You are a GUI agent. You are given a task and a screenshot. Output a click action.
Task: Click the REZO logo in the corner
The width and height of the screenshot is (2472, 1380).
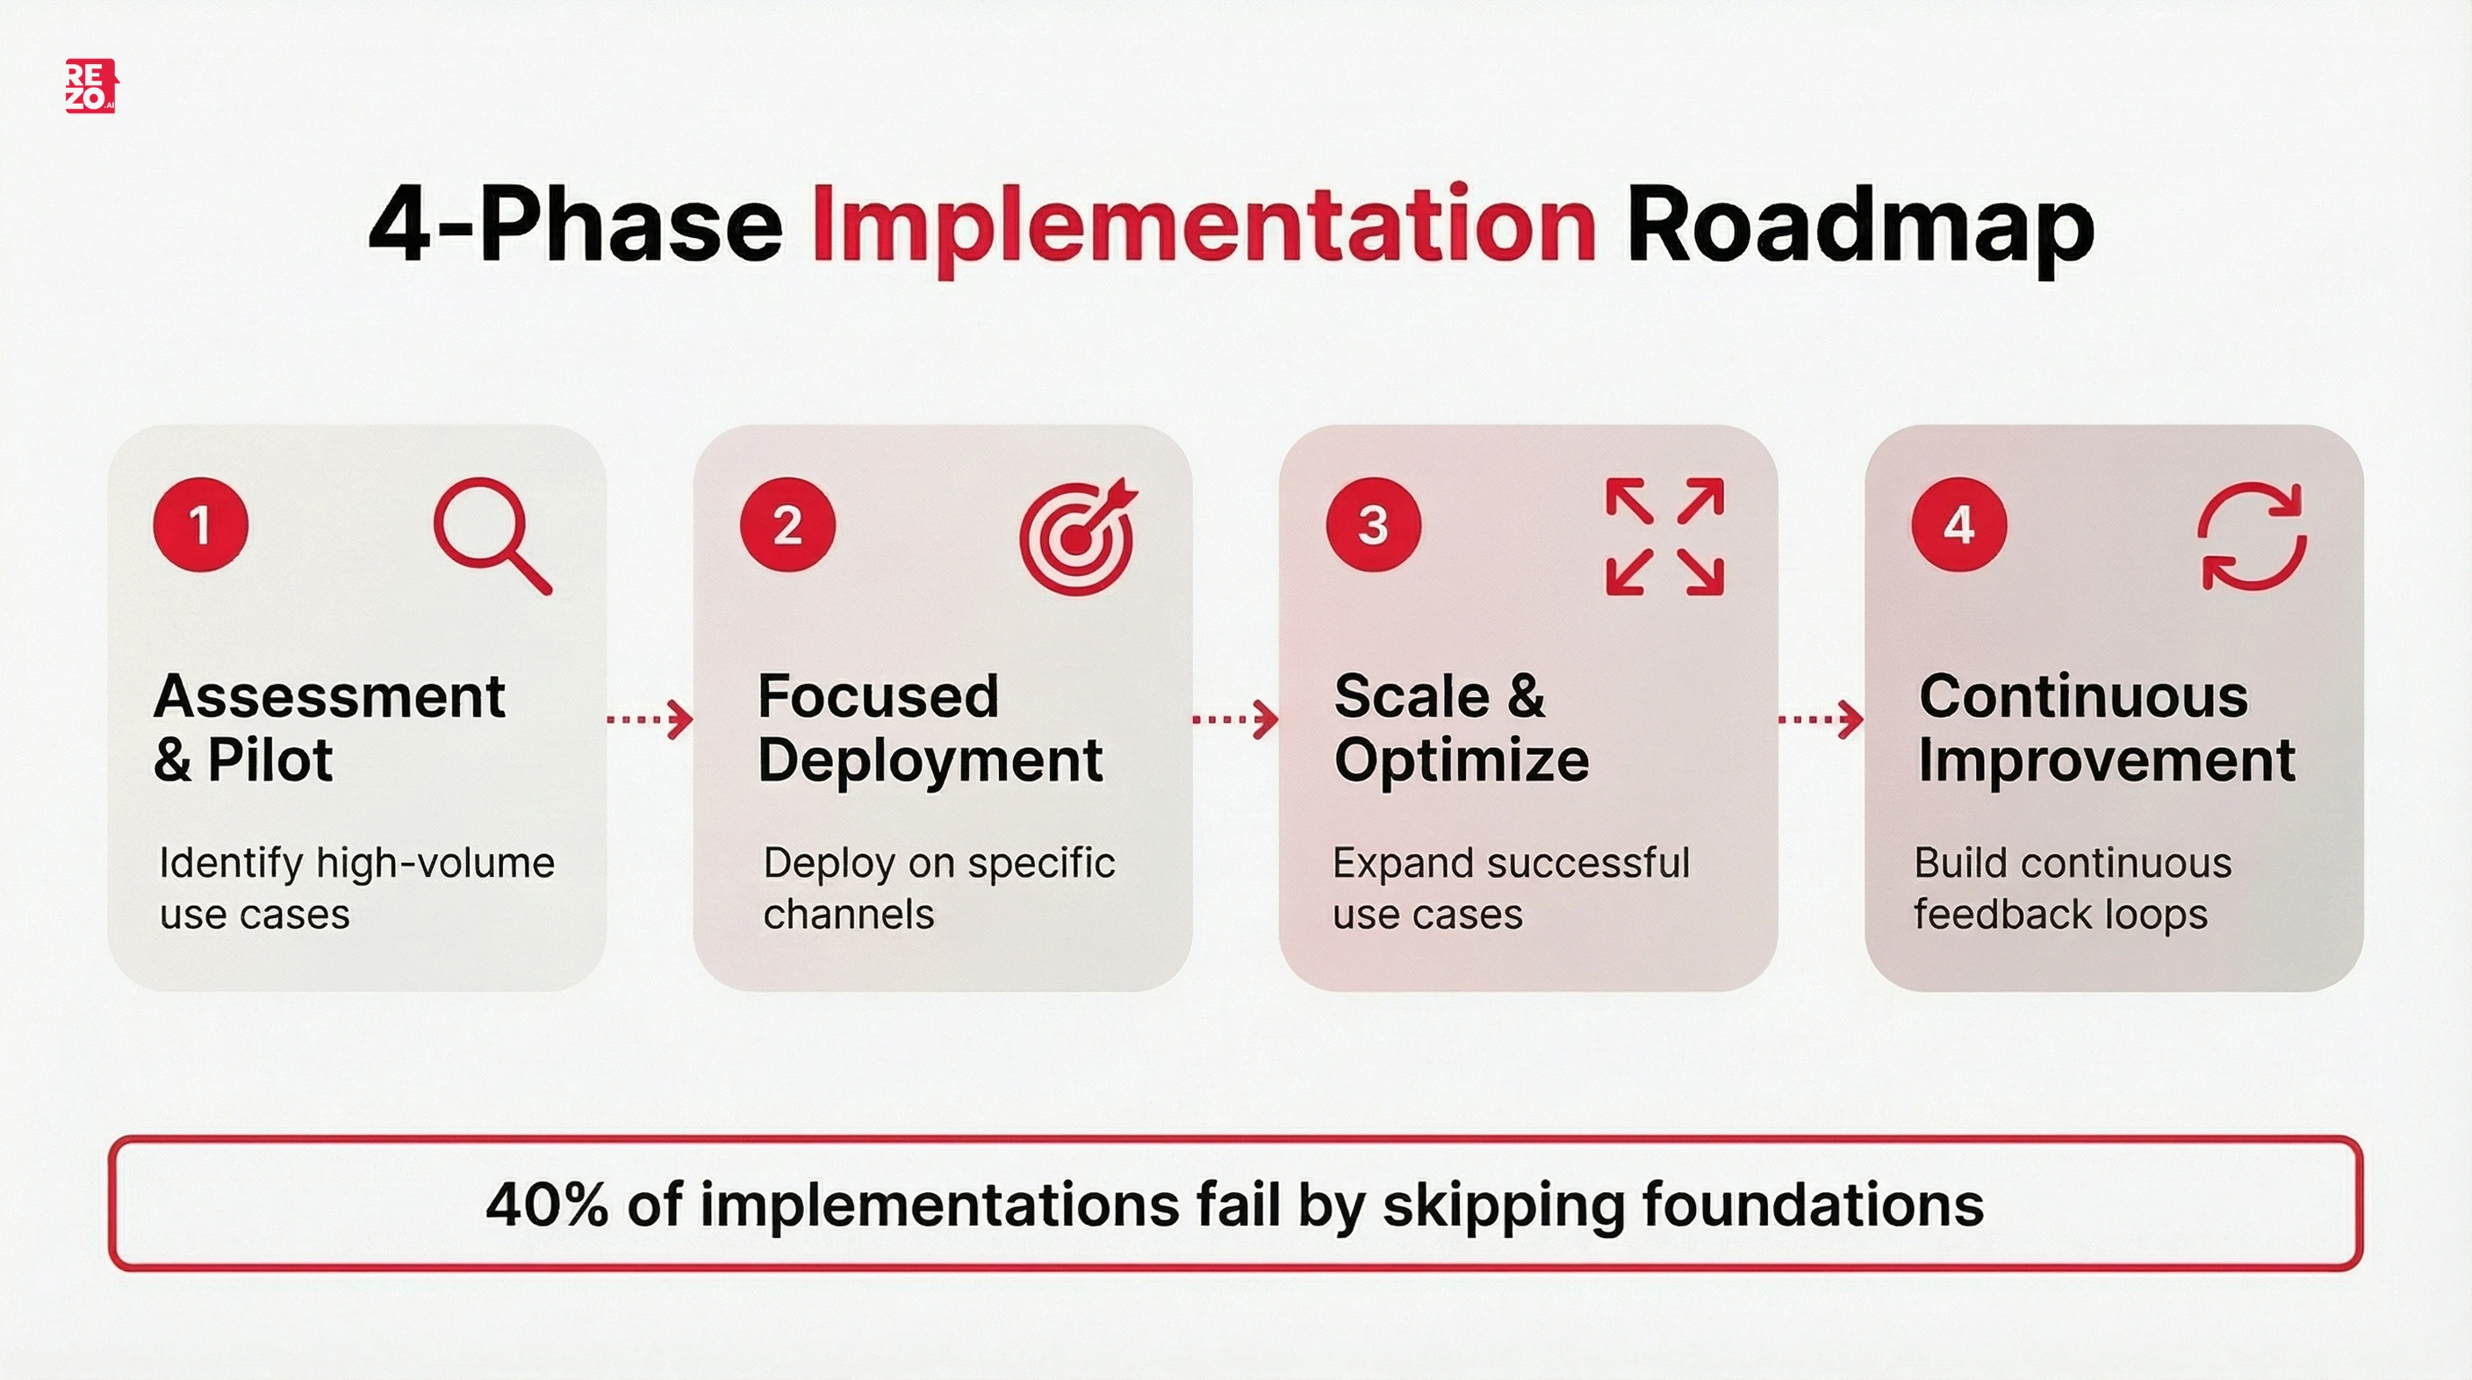pyautogui.click(x=90, y=86)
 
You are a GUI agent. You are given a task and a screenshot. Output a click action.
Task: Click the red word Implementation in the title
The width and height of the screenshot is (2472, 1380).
pyautogui.click(x=1204, y=226)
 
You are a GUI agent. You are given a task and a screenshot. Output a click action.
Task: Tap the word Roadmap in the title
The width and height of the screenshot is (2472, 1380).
pyautogui.click(x=1860, y=226)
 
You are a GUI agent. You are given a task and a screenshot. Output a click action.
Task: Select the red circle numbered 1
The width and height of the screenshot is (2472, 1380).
pyautogui.click(x=200, y=525)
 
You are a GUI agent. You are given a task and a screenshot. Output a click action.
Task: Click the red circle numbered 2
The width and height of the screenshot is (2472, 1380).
pyautogui.click(x=787, y=525)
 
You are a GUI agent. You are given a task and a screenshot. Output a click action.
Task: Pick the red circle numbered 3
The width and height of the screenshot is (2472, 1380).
pyautogui.click(x=1373, y=525)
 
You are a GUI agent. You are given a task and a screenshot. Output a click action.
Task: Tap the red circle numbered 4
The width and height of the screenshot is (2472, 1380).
pyautogui.click(x=1958, y=525)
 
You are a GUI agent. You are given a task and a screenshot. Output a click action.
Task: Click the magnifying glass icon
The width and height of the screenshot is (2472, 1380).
pyautogui.click(x=492, y=535)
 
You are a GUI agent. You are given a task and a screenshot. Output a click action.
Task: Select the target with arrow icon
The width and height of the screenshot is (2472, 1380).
pyautogui.click(x=1078, y=537)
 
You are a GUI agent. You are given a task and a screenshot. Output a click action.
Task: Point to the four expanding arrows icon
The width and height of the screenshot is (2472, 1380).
pyautogui.click(x=1664, y=536)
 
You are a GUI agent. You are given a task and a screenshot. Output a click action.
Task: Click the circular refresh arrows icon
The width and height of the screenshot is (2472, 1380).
pyautogui.click(x=2252, y=536)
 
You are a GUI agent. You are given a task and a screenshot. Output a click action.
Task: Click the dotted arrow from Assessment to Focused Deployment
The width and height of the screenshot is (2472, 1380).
pyautogui.click(x=650, y=719)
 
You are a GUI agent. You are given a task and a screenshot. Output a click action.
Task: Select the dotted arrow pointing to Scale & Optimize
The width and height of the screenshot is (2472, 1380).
pyautogui.click(x=1235, y=719)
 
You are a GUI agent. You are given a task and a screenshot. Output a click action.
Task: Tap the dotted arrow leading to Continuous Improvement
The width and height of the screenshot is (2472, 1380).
pyautogui.click(x=1821, y=719)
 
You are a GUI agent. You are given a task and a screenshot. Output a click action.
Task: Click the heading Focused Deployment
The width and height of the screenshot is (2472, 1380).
pyautogui.click(x=929, y=728)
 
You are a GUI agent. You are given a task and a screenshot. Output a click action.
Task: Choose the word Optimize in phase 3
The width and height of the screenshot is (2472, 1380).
pyautogui.click(x=1461, y=760)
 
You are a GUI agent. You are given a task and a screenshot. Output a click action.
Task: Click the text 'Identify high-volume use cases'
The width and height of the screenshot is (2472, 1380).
pyautogui.click(x=356, y=888)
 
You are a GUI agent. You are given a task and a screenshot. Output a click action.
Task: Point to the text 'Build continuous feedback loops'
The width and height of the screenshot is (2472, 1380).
pyautogui.click(x=2072, y=888)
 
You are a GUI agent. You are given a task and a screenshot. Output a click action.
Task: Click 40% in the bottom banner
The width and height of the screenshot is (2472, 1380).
pyautogui.click(x=546, y=1204)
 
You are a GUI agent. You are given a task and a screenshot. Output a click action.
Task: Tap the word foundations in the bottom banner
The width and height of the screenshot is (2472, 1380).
pyautogui.click(x=1812, y=1204)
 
